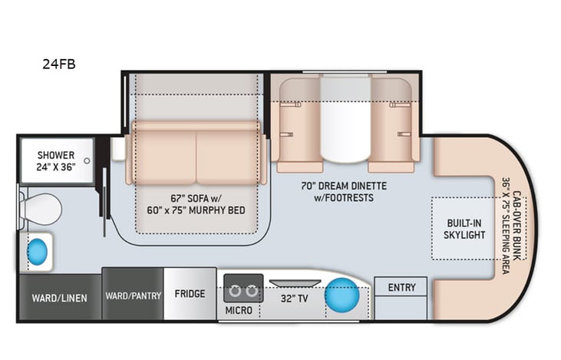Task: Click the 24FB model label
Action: (59, 64)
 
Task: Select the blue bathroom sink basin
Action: (37, 251)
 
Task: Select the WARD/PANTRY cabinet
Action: (133, 295)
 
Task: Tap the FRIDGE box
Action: (190, 293)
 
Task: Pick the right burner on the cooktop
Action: (251, 291)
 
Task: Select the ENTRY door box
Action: (401, 288)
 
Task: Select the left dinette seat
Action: (299, 127)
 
